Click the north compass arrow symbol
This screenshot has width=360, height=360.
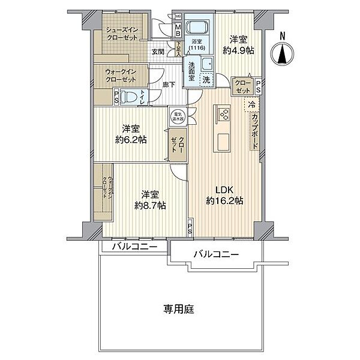click(283, 53)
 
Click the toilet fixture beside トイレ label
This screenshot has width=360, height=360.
click(128, 97)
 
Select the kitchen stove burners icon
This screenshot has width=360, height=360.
click(224, 114)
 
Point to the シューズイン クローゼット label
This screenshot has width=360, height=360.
click(121, 33)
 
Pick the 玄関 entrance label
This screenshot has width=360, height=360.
click(158, 52)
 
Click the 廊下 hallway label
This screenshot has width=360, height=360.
click(169, 85)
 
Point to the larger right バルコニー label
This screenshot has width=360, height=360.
click(215, 255)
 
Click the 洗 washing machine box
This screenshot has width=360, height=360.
click(205, 79)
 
